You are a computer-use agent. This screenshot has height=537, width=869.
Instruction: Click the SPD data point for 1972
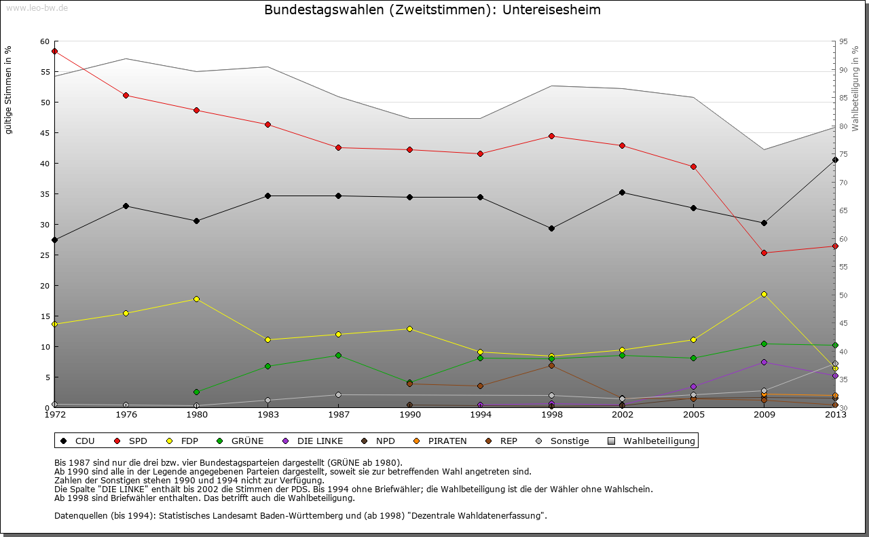pyautogui.click(x=54, y=51)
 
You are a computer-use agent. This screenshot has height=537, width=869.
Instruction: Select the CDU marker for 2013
pyautogui.click(x=835, y=160)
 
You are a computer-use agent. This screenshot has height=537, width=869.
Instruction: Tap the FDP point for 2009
pyautogui.click(x=764, y=294)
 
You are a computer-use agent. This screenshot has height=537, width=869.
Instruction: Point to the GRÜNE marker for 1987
pyautogui.click(x=338, y=355)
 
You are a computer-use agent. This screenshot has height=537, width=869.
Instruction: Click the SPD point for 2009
pyautogui.click(x=764, y=253)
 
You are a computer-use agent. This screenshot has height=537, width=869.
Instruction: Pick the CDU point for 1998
pyautogui.click(x=551, y=228)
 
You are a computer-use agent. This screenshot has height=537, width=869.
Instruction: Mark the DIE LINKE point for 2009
pyautogui.click(x=764, y=362)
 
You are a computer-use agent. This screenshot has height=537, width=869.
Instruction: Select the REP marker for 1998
pyautogui.click(x=551, y=365)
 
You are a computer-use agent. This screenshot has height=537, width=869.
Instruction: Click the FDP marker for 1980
pyautogui.click(x=196, y=299)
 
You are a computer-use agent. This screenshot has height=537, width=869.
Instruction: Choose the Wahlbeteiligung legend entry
pyautogui.click(x=652, y=441)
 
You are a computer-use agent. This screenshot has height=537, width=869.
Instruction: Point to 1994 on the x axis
pyautogui.click(x=480, y=415)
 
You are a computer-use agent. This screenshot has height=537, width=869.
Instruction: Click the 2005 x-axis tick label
pyautogui.click(x=693, y=415)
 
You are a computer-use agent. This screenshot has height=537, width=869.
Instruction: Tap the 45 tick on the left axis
pyautogui.click(x=45, y=133)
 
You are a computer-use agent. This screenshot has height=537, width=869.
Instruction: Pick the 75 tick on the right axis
pyautogui.click(x=843, y=155)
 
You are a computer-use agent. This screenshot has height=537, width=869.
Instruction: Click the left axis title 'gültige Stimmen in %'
pyautogui.click(x=8, y=90)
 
